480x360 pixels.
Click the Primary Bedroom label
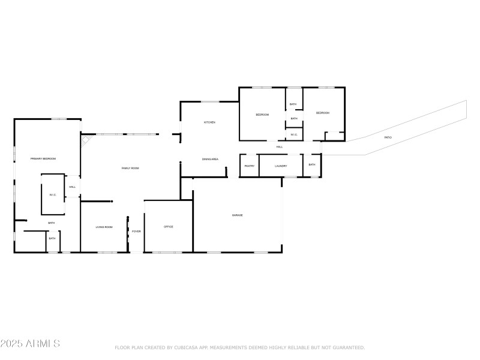click(x=43, y=158)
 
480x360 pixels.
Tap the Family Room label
click(x=130, y=168)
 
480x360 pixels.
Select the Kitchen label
click(x=209, y=122)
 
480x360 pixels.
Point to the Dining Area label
click(x=210, y=159)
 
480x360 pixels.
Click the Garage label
click(x=238, y=215)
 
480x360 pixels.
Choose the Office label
click(x=169, y=227)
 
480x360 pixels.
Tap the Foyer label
click(x=136, y=231)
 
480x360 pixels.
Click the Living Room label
click(x=104, y=227)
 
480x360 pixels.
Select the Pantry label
click(x=250, y=166)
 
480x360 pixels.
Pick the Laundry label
click(x=281, y=166)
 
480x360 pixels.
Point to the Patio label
click(x=388, y=137)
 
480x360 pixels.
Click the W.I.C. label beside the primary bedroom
click(x=52, y=195)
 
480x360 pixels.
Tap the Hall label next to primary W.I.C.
click(x=72, y=187)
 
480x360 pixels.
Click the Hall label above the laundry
click(x=280, y=147)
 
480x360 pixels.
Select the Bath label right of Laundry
click(x=312, y=164)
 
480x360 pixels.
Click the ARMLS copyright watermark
click(x=30, y=344)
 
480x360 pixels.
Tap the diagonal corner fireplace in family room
click(x=86, y=140)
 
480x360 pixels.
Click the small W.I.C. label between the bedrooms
click(x=294, y=135)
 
